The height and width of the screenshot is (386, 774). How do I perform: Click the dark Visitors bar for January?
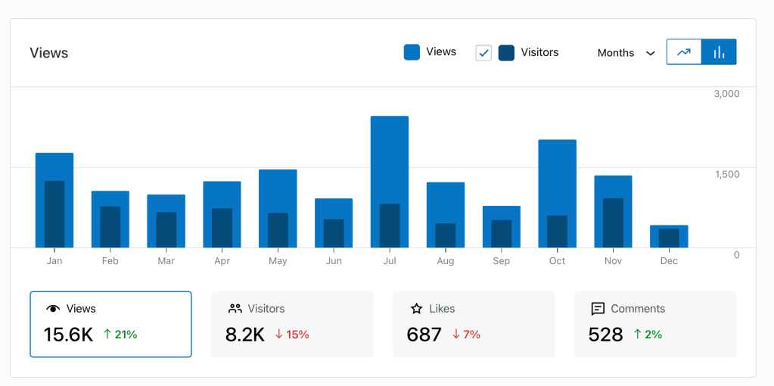(54, 214)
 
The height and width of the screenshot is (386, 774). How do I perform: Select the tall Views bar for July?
(390, 159)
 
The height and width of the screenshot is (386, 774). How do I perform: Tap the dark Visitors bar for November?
(613, 223)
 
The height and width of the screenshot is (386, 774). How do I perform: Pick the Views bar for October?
(557, 177)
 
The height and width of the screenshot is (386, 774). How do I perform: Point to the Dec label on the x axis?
(669, 261)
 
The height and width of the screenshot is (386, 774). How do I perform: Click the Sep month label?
(501, 261)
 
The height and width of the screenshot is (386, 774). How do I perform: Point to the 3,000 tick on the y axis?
(726, 94)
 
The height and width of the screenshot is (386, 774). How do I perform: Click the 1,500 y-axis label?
(726, 174)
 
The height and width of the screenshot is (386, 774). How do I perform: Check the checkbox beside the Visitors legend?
(483, 53)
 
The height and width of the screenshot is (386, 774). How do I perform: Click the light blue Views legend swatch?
(412, 52)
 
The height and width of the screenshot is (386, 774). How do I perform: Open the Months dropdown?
(626, 53)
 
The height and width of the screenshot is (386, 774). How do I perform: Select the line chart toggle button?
(684, 52)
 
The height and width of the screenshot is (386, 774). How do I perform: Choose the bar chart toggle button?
(719, 52)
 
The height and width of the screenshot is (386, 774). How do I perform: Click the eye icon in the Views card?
(53, 309)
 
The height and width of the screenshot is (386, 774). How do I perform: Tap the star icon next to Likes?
(416, 309)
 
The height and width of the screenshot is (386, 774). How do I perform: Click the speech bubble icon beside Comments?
(598, 309)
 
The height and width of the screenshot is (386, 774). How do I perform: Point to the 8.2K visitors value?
(245, 335)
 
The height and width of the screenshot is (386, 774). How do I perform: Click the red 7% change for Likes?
(466, 335)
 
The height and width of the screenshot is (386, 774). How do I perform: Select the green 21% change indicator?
(120, 335)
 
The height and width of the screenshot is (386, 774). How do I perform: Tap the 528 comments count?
(605, 335)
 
